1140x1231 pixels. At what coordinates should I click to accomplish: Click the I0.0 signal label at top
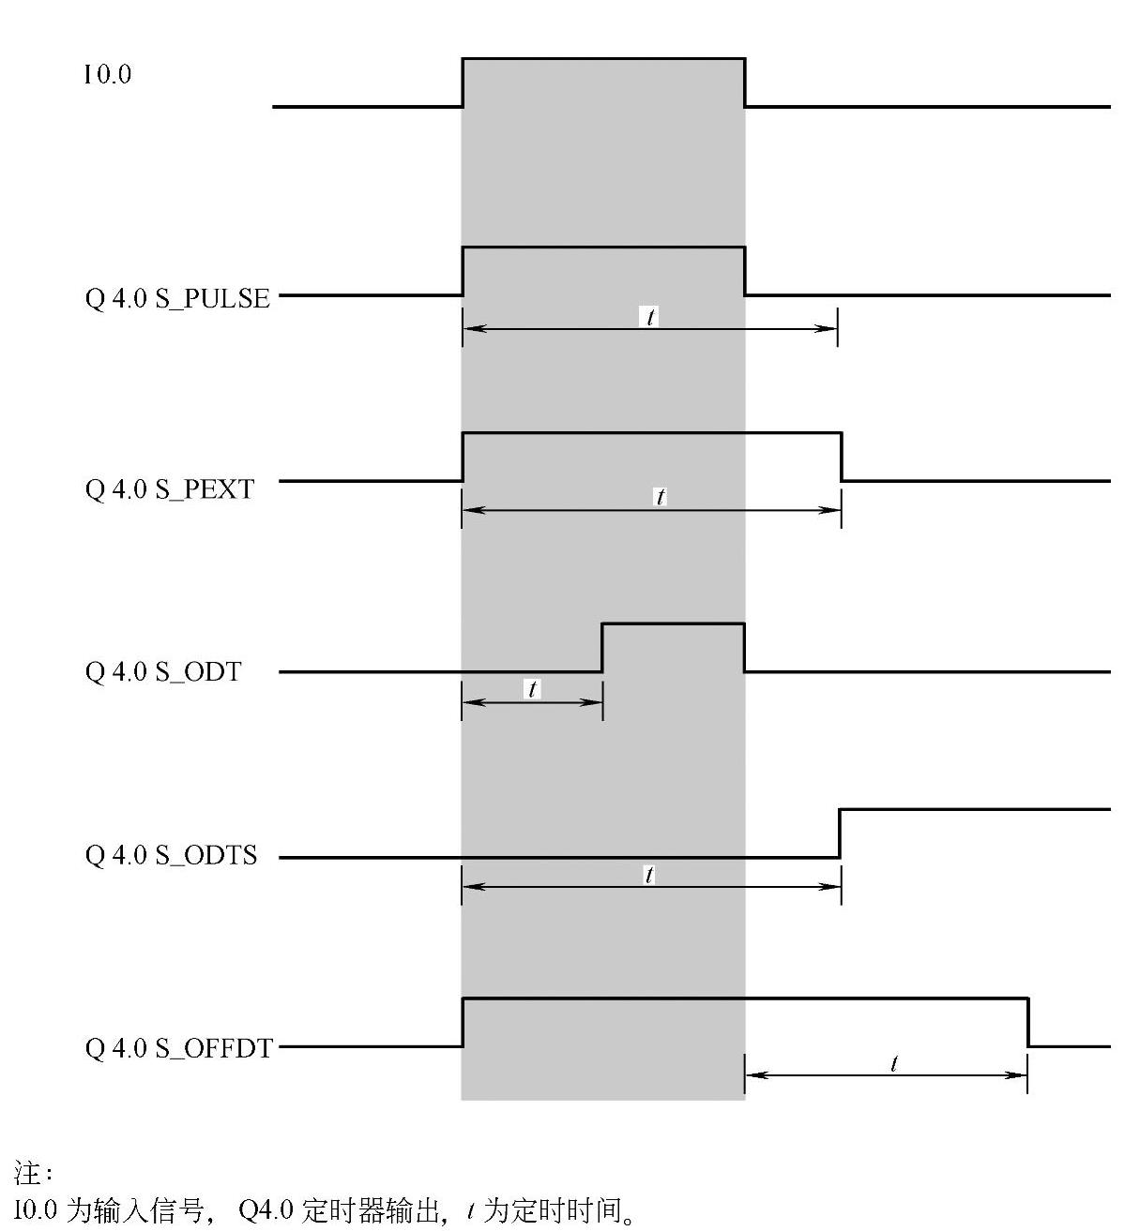pos(108,75)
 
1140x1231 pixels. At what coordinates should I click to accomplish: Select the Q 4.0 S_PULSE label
pos(177,298)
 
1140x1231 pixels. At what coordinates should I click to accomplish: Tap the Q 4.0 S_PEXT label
pos(170,488)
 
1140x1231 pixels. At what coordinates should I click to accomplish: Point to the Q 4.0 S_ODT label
pos(163,671)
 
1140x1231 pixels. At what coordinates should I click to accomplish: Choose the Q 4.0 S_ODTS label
pos(171,855)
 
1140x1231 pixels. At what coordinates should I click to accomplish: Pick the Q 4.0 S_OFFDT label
pos(179,1047)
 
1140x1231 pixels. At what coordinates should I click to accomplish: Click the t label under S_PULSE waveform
pos(649,317)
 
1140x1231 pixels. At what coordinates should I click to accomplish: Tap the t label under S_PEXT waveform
pos(661,497)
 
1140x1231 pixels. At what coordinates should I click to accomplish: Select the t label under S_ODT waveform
pos(532,690)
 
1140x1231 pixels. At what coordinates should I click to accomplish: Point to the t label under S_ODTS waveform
pos(649,876)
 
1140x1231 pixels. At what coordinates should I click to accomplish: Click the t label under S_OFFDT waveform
pos(894,1063)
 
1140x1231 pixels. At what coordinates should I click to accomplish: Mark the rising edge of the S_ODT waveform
pos(602,647)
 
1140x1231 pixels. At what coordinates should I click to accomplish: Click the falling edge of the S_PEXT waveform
pos(842,457)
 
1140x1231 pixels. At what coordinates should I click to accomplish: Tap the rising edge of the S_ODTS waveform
pos(840,833)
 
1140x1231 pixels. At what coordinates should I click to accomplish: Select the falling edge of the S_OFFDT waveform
pos(1028,1022)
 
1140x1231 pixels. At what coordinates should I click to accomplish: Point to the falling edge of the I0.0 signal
pos(745,83)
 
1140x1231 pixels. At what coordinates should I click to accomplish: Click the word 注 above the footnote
pos(25,1172)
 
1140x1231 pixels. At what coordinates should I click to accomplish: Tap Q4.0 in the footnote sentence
pos(266,1211)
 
